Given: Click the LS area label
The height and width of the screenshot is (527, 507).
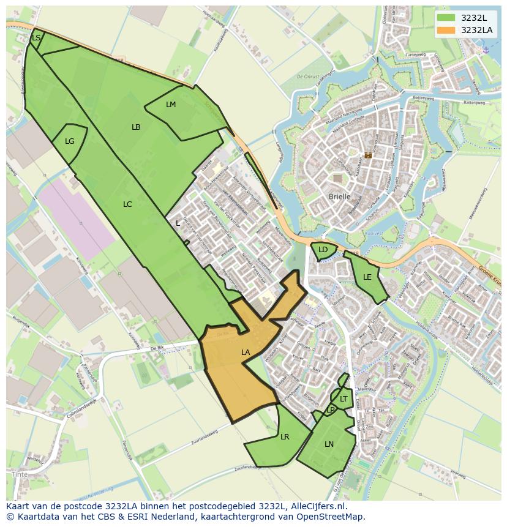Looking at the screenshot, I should click(36, 38).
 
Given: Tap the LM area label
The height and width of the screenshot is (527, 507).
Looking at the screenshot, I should click(171, 105).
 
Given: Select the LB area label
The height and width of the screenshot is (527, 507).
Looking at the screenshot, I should click(136, 127).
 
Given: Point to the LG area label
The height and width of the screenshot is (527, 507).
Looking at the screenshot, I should click(70, 141).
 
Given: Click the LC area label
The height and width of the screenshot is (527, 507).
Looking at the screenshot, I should click(127, 204).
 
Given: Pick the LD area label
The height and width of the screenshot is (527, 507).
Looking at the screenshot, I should click(323, 250).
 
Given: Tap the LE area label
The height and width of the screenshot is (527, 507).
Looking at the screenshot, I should click(367, 277).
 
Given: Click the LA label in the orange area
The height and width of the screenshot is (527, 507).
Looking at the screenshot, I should click(246, 353).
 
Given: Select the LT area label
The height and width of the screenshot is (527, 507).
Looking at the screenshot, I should click(344, 399).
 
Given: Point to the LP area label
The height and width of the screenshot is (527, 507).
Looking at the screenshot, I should click(331, 409).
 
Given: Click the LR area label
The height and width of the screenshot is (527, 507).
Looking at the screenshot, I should click(285, 437).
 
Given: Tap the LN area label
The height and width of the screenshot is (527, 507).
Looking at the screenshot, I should click(329, 444).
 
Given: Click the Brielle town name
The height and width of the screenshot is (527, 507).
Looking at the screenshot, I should click(340, 196).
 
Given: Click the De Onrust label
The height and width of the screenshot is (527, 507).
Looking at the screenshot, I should click(308, 77).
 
